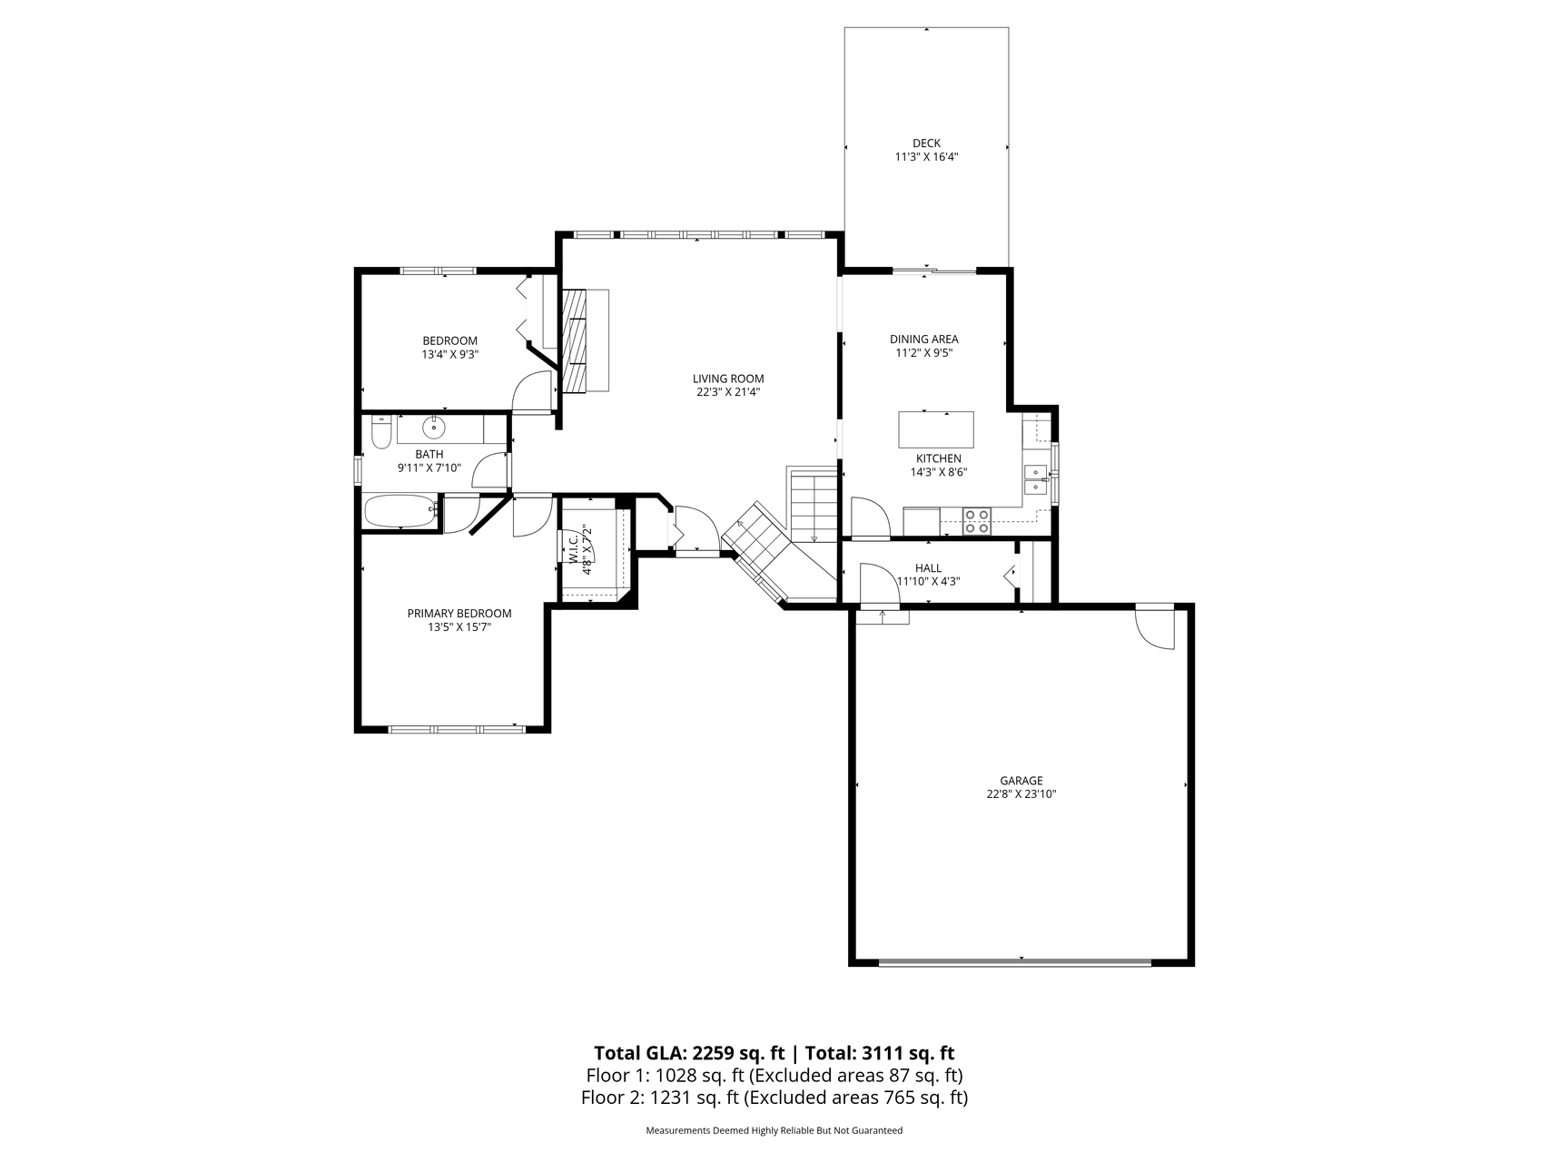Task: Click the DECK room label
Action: click(x=926, y=143)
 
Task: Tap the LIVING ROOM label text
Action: click(x=728, y=379)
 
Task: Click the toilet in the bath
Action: click(x=380, y=434)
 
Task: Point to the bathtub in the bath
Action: click(x=401, y=511)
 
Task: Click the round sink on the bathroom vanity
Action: click(x=435, y=427)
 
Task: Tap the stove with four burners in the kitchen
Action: click(x=977, y=521)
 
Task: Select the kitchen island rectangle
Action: click(x=936, y=430)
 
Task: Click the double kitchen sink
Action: click(x=1035, y=479)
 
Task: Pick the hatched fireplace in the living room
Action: click(x=575, y=340)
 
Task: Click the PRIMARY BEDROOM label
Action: click(x=459, y=614)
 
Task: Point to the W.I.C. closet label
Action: click(x=574, y=550)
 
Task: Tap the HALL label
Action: click(x=928, y=568)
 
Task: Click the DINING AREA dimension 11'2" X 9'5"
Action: click(x=924, y=353)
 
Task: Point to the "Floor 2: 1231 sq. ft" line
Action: click(x=660, y=1098)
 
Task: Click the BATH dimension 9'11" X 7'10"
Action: click(x=429, y=468)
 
